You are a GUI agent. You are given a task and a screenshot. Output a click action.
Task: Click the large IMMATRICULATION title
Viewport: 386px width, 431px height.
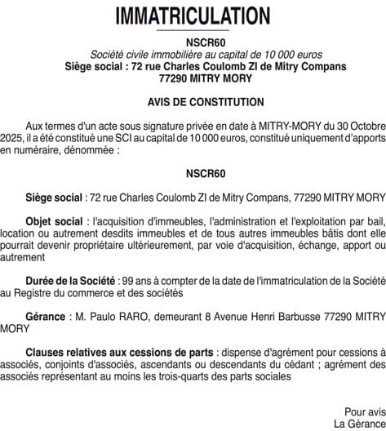pyautogui.click(x=193, y=16)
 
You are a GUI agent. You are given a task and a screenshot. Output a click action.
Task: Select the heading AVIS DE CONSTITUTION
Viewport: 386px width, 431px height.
pyautogui.click(x=193, y=103)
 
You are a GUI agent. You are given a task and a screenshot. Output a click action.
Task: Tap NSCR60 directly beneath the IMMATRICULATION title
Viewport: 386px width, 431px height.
pyautogui.click(x=193, y=42)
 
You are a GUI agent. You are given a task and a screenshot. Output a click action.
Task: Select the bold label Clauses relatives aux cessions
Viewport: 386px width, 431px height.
pyautogui.click(x=108, y=353)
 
